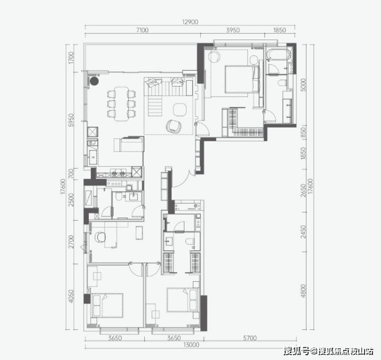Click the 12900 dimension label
[x=190, y=22]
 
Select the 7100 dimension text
[x=142, y=30]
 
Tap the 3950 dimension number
[x=233, y=30]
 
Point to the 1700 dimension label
[x=71, y=58]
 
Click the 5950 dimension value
[x=71, y=120]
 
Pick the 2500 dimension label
[x=71, y=200]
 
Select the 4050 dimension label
[x=71, y=297]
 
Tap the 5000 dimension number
[x=303, y=84]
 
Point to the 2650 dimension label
[x=303, y=191]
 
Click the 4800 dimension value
[x=303, y=291]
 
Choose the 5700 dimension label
[x=250, y=338]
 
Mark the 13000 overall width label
[x=191, y=345]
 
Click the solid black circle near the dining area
[x=94, y=81]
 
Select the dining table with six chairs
[x=122, y=103]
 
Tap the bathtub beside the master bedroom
[x=278, y=54]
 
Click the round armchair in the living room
[x=174, y=126]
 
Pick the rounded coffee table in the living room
[x=180, y=109]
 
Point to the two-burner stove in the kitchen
[x=118, y=173]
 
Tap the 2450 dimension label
[x=303, y=232]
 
